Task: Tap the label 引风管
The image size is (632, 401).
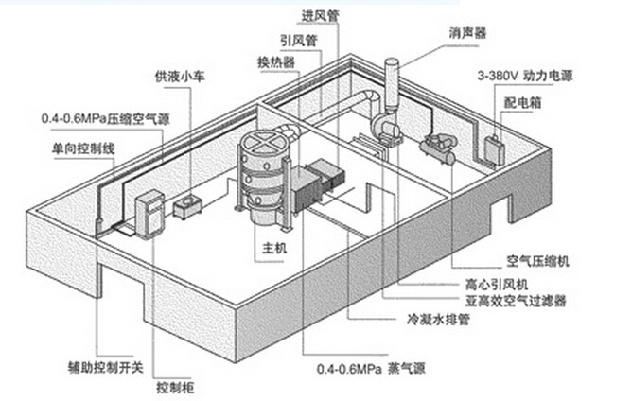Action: pos(298,42)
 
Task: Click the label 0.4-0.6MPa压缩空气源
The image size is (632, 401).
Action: pos(101,120)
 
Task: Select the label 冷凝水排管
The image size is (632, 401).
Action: pos(438,320)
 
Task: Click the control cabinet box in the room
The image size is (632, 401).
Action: pos(151,212)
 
